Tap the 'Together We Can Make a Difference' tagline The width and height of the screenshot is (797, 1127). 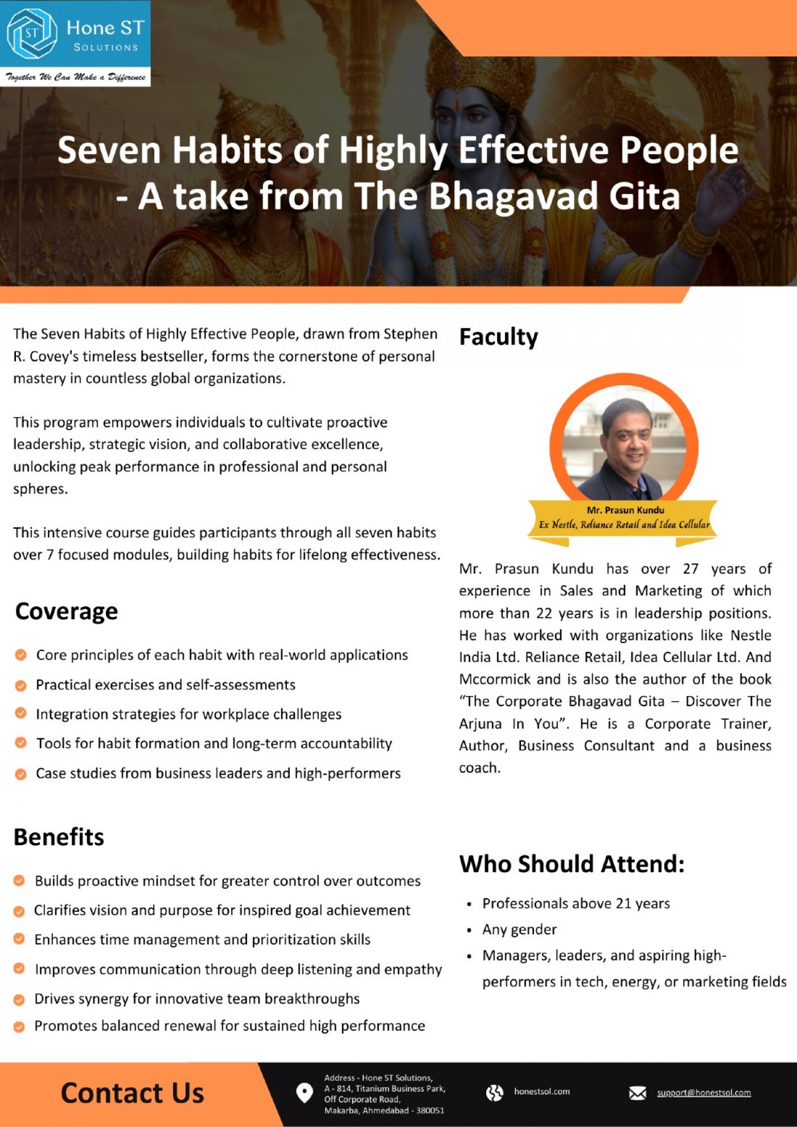click(x=75, y=77)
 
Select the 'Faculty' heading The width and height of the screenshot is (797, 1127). click(x=498, y=336)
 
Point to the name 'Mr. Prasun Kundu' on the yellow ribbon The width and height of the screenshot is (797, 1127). click(x=625, y=510)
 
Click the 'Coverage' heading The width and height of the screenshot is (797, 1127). click(x=67, y=611)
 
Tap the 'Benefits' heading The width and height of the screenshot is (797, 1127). click(x=59, y=837)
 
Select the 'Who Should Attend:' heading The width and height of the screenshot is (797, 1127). click(x=572, y=864)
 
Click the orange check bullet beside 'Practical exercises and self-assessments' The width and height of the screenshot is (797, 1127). click(x=20, y=685)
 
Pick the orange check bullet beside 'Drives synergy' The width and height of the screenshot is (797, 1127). click(x=19, y=1000)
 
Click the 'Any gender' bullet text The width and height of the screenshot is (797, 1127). click(x=519, y=929)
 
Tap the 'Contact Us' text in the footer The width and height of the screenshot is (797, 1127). click(x=132, y=1093)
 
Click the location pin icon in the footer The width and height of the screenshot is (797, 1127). click(x=305, y=1093)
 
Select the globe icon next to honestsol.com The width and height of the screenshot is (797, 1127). click(x=494, y=1092)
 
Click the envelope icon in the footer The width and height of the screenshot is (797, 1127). click(x=637, y=1093)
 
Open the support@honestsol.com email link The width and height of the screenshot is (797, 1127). click(x=704, y=1092)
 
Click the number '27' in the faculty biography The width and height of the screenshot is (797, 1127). click(x=690, y=569)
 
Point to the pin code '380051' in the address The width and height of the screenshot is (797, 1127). click(x=430, y=1110)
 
